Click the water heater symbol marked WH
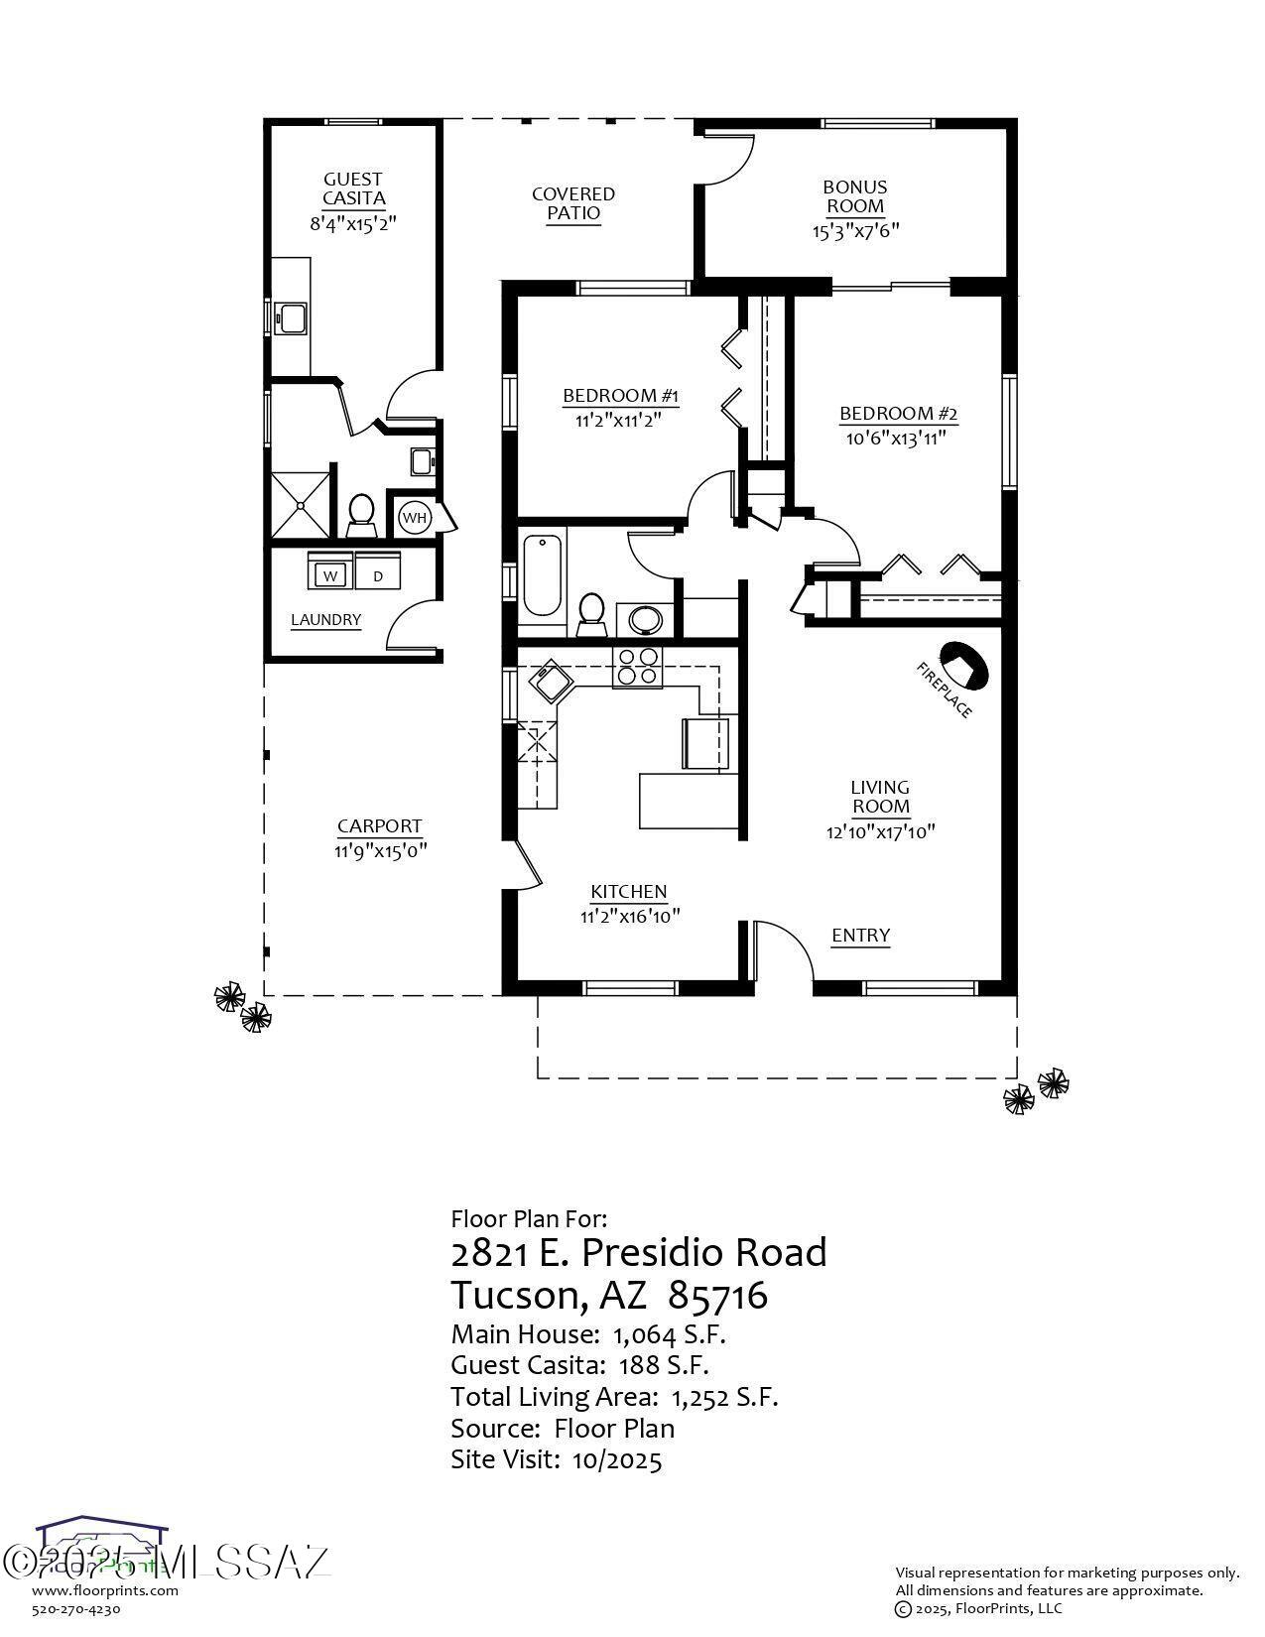(414, 517)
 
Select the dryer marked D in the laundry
(377, 574)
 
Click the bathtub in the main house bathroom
(542, 574)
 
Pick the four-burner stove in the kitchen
(637, 666)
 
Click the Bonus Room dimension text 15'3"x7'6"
(854, 231)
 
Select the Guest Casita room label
(353, 189)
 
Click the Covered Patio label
(573, 203)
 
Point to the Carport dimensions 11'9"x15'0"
(380, 850)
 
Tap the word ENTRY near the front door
(860, 935)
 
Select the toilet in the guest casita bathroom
(360, 512)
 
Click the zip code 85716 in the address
(718, 1295)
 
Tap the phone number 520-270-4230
(76, 1609)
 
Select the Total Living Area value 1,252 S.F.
(724, 1397)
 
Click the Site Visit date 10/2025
(617, 1459)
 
